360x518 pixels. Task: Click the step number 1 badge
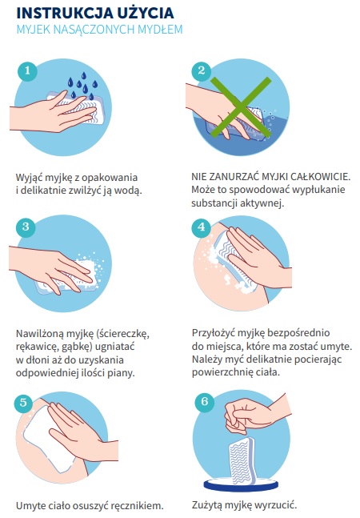tap(28, 70)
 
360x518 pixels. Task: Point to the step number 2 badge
tap(202, 70)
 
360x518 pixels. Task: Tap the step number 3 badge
tap(28, 227)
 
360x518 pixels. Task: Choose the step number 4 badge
tap(202, 227)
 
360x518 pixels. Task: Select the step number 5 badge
tap(28, 402)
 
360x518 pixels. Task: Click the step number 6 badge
tap(202, 402)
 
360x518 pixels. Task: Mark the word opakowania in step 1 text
tap(113, 176)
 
